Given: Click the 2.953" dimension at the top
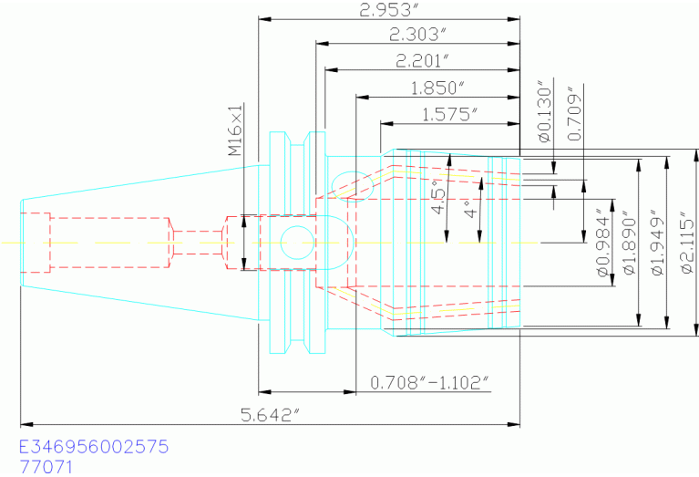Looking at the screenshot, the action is [x=390, y=9].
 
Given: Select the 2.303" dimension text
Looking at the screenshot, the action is [x=417, y=35].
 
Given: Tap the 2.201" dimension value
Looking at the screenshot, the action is [x=423, y=61].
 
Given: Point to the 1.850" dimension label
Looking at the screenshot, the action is [x=437, y=88].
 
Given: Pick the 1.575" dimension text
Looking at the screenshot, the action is [x=450, y=115].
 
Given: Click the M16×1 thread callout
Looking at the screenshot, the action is [x=235, y=130].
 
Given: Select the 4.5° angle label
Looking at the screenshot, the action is [x=438, y=195].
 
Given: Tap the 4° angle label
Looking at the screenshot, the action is [x=471, y=208].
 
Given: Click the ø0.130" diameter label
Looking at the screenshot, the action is [x=545, y=111].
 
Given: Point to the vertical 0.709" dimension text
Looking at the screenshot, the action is [x=575, y=117].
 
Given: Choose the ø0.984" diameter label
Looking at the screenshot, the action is [x=603, y=243].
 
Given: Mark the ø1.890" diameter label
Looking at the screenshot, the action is [x=630, y=246].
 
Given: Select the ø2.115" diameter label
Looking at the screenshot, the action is [x=688, y=245].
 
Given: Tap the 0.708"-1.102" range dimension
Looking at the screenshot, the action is [x=430, y=382].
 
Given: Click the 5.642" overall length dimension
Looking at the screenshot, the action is [x=271, y=415].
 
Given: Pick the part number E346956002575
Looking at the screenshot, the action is [x=94, y=446].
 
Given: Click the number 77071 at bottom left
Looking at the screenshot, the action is [x=46, y=467].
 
